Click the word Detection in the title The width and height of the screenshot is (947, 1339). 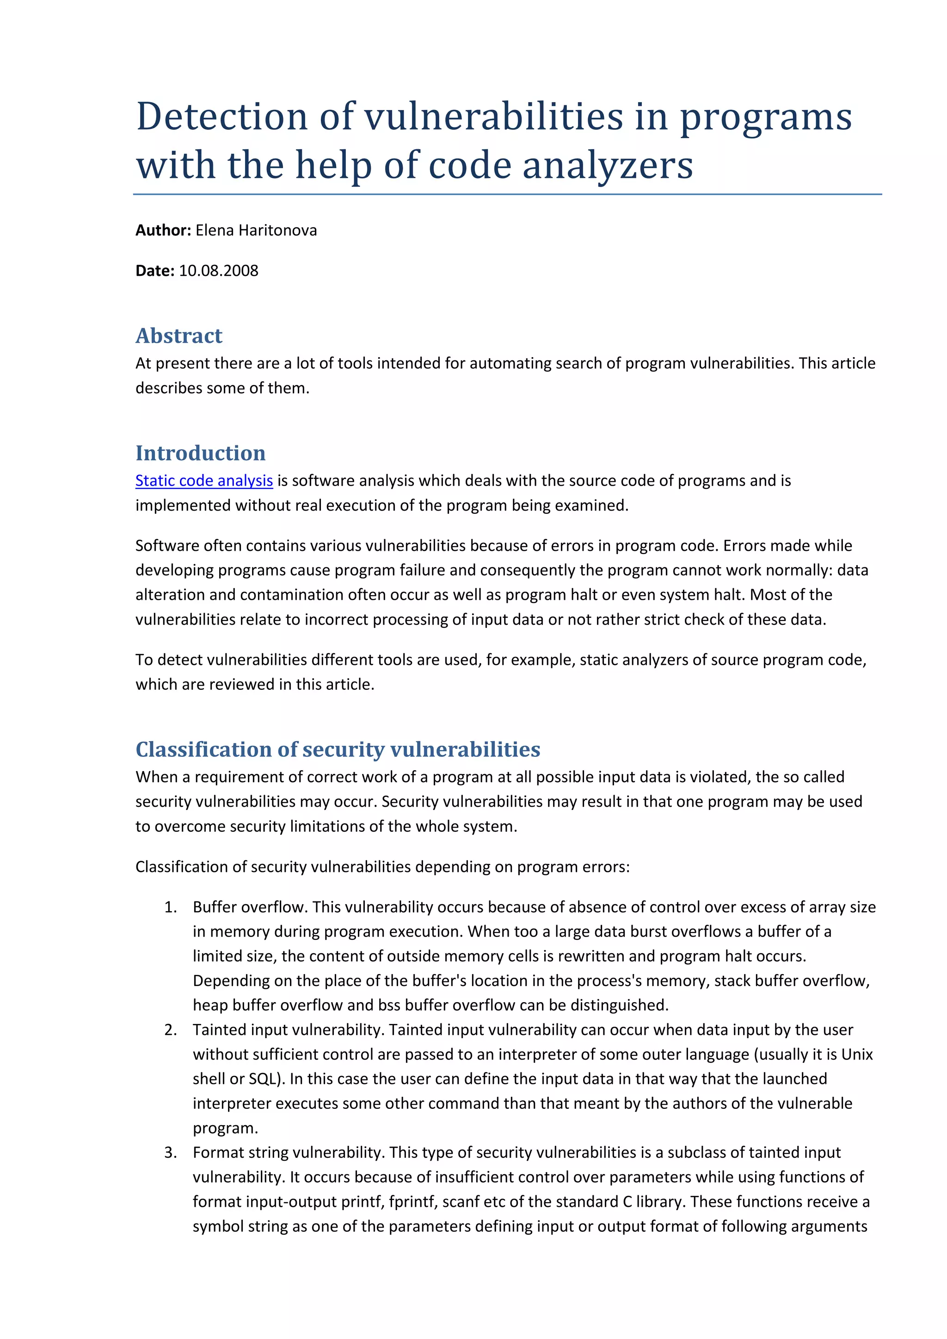222,116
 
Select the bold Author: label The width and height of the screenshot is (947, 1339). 163,231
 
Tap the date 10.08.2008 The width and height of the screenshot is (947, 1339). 218,271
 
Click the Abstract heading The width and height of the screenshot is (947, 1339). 178,336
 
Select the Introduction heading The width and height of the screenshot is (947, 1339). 200,453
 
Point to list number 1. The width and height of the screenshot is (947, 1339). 170,907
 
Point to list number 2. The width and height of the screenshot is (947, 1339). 170,1029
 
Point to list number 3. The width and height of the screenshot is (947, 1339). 170,1152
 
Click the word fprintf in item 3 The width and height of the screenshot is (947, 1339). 412,1201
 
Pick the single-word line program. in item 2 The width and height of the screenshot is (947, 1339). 225,1128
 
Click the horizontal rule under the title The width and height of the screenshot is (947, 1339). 506,194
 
